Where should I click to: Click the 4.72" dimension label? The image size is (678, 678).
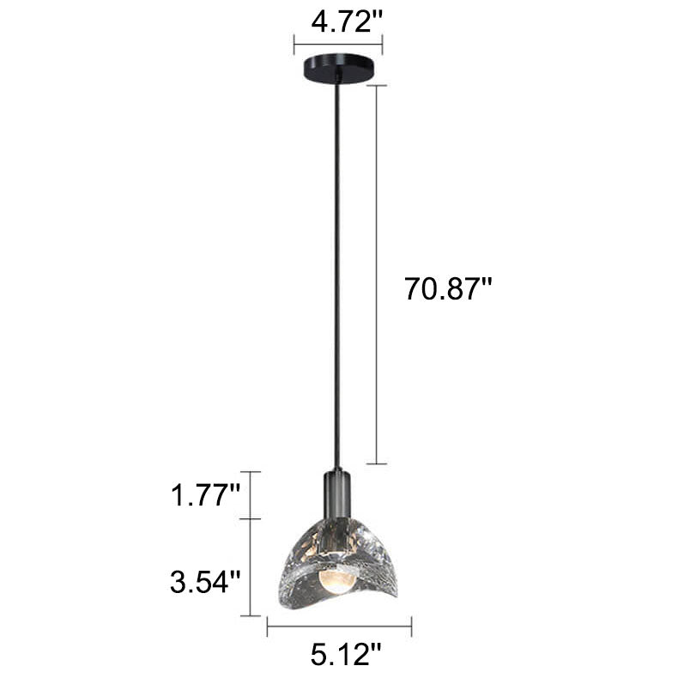click(347, 21)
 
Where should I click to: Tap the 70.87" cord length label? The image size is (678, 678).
click(448, 288)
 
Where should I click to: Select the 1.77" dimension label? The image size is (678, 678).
click(205, 494)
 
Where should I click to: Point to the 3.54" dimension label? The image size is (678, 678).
click(204, 582)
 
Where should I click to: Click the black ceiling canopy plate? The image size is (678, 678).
click(337, 67)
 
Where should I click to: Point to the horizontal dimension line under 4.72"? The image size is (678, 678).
click(338, 44)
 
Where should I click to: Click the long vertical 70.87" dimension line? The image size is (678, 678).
click(376, 275)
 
